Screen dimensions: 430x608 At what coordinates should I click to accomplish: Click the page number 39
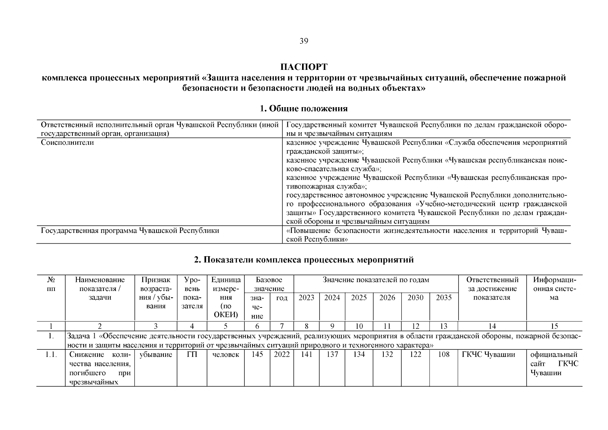tap(303, 41)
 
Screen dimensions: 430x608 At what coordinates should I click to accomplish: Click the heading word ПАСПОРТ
tap(303, 67)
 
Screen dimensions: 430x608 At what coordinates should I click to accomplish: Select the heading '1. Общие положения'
tap(303, 109)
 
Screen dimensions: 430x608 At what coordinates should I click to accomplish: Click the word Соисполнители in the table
tap(67, 143)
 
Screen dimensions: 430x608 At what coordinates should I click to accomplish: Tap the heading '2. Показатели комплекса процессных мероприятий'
tap(303, 260)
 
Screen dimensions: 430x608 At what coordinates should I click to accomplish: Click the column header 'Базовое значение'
tap(269, 284)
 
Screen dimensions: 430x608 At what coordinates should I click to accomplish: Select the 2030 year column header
tap(415, 298)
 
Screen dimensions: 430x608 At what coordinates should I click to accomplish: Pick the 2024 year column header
tap(332, 298)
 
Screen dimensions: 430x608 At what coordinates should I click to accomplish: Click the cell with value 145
tap(257, 355)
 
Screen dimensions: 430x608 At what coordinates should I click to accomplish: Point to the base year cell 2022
tap(282, 355)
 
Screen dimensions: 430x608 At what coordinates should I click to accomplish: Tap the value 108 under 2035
tap(444, 355)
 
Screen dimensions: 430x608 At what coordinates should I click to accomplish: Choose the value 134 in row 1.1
tap(359, 355)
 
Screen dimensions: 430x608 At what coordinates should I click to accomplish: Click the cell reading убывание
tap(155, 355)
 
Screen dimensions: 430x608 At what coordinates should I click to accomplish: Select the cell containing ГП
tap(192, 355)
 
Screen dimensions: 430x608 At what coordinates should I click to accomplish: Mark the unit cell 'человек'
tap(226, 355)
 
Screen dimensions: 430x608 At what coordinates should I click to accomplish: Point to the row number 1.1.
tap(51, 355)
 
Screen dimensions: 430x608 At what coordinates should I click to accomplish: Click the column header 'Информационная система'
tap(554, 288)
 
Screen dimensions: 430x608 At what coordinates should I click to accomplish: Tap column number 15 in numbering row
tap(554, 326)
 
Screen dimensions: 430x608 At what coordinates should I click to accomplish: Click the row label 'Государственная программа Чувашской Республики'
tap(130, 231)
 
